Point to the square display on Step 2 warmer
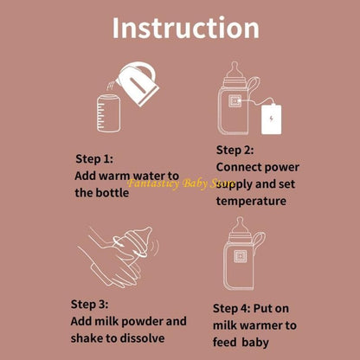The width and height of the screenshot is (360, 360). point(234,110)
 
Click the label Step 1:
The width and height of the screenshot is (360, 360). point(93,159)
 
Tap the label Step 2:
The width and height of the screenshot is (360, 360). point(235,149)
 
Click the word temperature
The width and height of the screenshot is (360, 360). point(251,201)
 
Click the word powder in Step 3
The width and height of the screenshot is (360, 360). point(140,321)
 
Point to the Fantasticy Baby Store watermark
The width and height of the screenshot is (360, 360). point(181,183)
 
